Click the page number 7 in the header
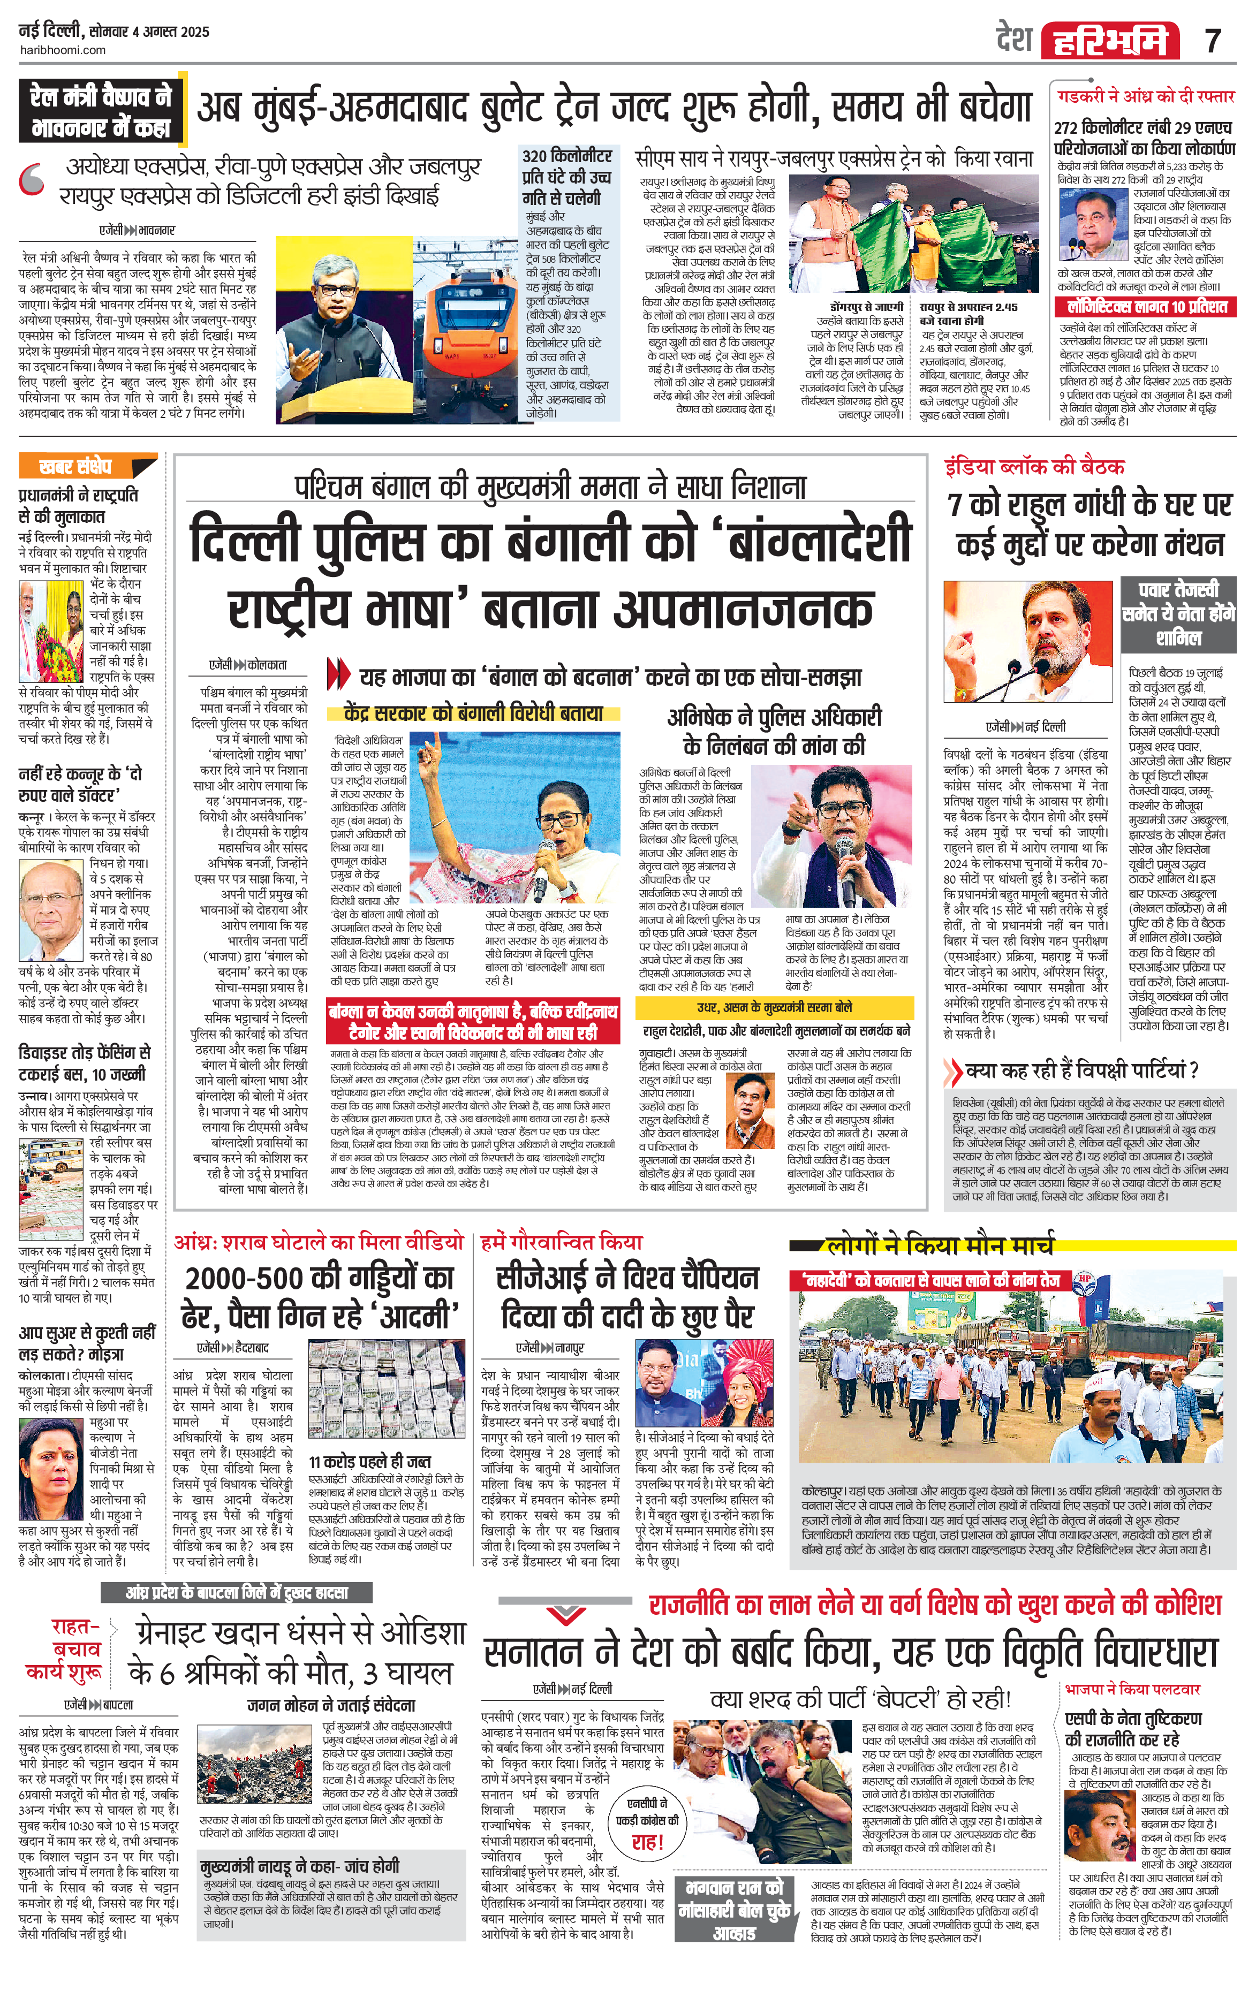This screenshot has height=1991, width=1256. point(1213,40)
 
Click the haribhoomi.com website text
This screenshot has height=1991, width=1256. point(62,50)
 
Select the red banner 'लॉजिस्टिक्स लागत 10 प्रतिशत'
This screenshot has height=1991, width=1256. point(1146,307)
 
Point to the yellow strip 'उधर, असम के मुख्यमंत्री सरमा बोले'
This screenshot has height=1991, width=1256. point(774,1008)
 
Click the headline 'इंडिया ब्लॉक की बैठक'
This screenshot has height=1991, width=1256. point(1034,467)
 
